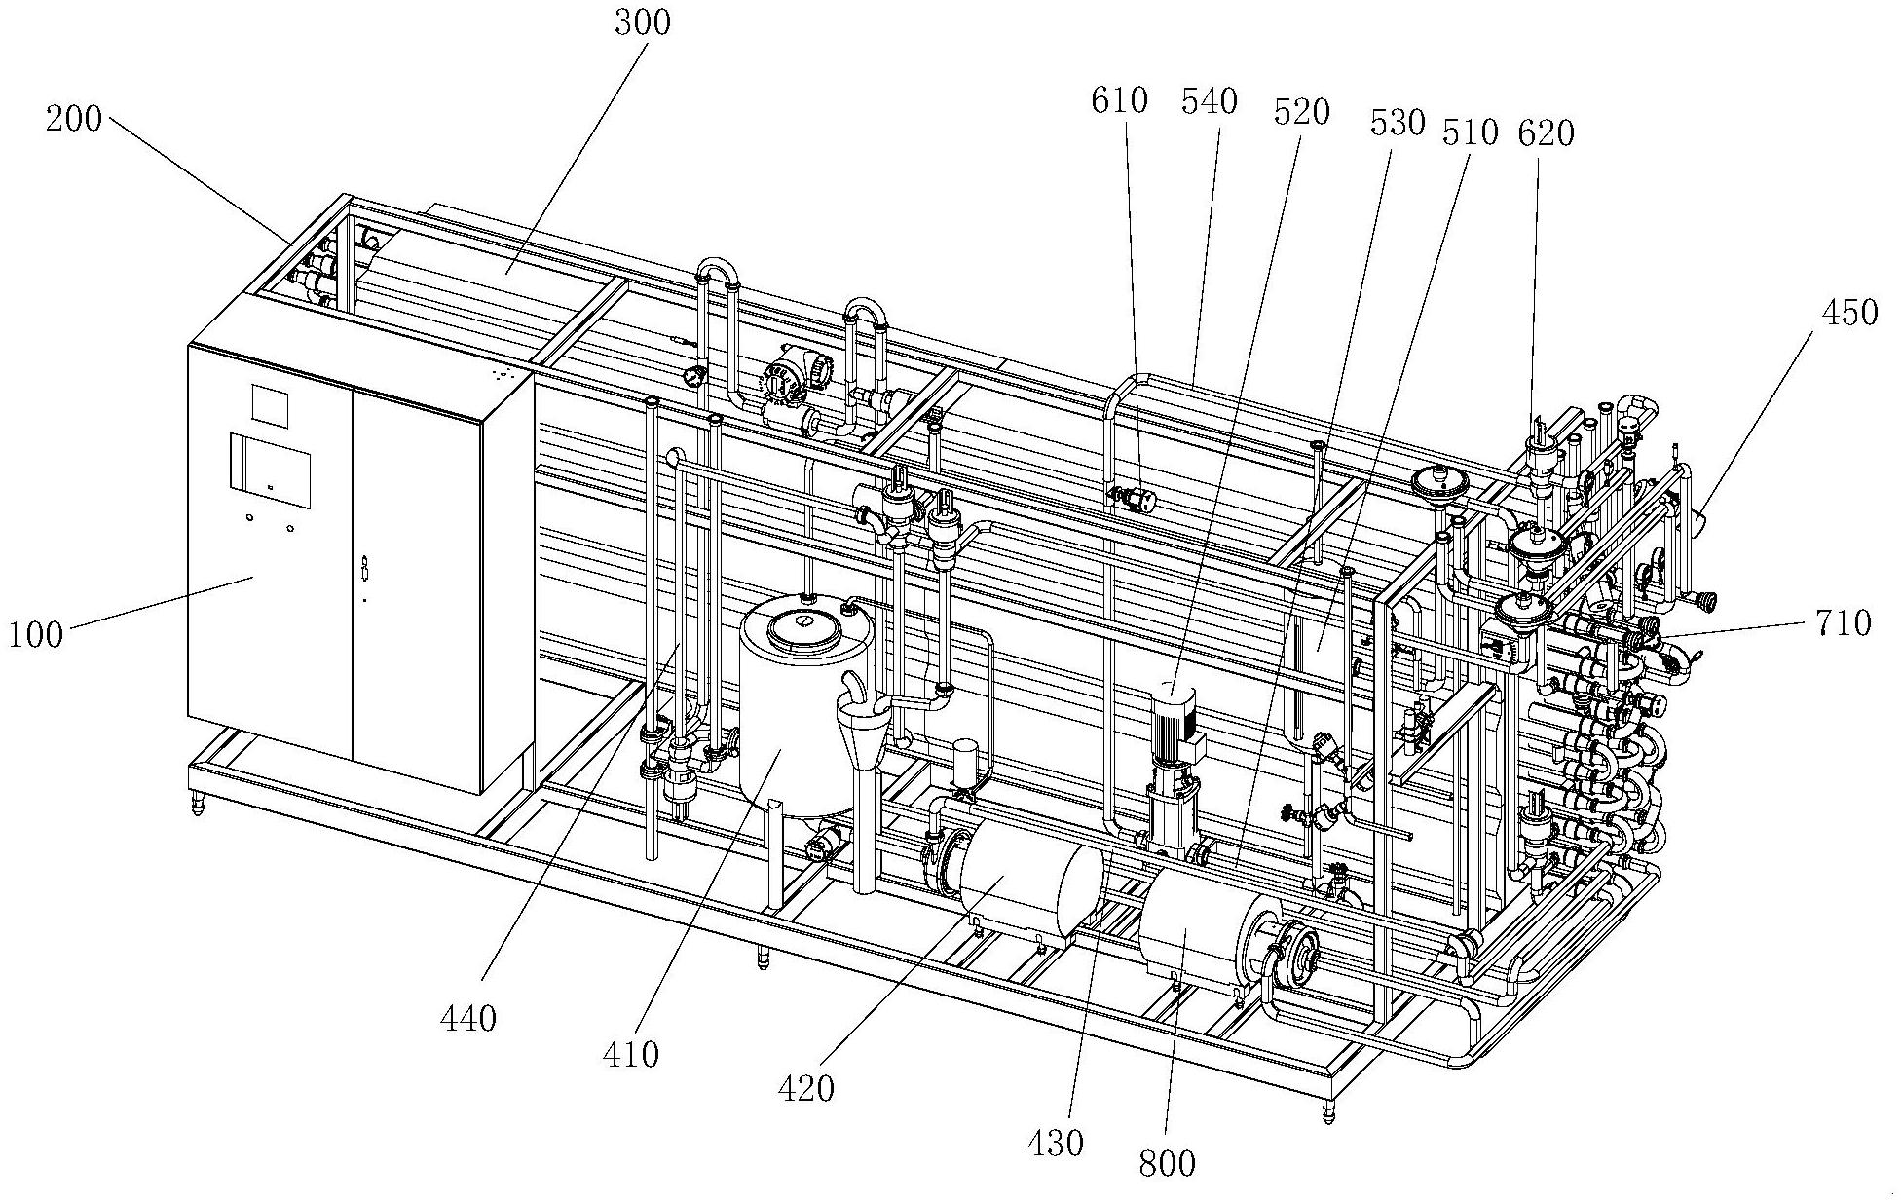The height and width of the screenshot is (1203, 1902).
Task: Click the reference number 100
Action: click(x=36, y=635)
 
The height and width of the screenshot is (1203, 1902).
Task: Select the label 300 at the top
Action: click(x=642, y=22)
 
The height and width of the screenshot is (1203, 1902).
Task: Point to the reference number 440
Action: click(x=468, y=1019)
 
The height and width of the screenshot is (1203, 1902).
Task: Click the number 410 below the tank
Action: click(x=631, y=1054)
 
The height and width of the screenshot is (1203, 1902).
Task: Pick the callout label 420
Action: click(x=806, y=1088)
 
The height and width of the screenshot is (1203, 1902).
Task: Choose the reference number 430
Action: click(x=1056, y=1143)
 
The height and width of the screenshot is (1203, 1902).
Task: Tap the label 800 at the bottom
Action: click(x=1166, y=1163)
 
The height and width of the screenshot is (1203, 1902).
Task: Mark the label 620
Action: click(x=1546, y=132)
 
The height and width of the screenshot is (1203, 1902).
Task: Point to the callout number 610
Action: click(x=1120, y=100)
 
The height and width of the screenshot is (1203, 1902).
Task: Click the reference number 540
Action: click(x=1209, y=100)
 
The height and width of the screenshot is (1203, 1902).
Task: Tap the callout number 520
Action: click(x=1301, y=113)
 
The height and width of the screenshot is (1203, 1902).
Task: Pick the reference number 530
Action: click(x=1397, y=124)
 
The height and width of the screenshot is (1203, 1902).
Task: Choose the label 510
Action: click(x=1470, y=132)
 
